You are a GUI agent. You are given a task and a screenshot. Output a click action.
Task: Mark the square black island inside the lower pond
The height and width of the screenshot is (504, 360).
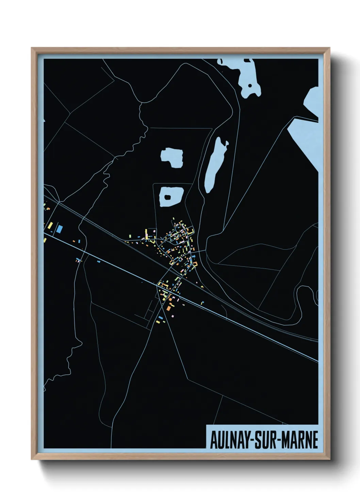(168, 197)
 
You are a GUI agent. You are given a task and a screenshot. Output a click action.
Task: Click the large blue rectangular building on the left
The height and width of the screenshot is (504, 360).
(60, 229)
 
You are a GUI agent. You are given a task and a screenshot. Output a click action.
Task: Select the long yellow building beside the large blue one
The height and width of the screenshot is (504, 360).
(50, 225)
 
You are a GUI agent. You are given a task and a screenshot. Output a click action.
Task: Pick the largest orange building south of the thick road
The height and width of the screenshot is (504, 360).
(168, 308)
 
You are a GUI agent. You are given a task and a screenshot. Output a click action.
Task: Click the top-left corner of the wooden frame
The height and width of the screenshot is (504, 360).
(32, 48)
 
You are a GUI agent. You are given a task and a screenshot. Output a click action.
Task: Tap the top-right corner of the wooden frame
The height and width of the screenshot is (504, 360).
(329, 48)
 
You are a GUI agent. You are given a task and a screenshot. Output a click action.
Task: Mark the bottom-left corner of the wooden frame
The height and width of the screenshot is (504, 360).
(32, 459)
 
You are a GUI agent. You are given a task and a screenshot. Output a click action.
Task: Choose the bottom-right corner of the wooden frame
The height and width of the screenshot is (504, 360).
(329, 459)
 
